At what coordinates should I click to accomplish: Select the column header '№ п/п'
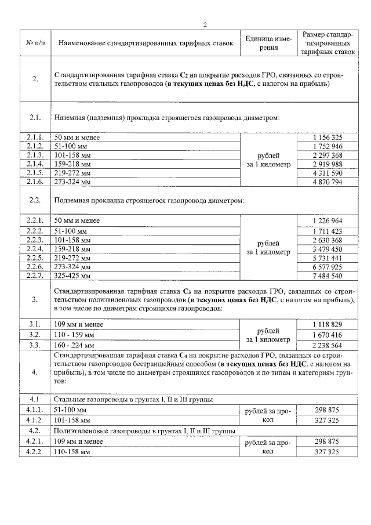tap(35, 43)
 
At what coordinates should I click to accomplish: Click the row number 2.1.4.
tap(35, 164)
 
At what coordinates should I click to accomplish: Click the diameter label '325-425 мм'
tap(72, 276)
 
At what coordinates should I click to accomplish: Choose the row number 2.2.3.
tap(35, 240)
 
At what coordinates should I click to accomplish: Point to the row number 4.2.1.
tap(35, 441)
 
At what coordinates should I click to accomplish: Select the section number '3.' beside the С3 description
tap(35, 300)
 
